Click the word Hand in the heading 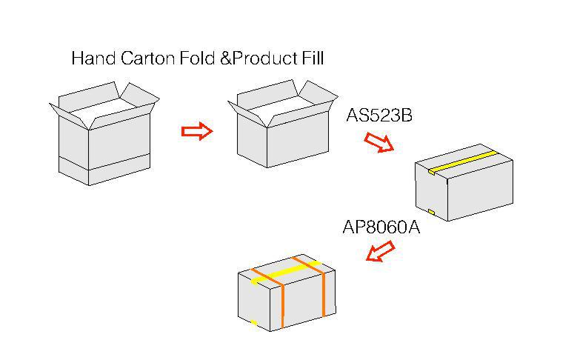point(93,59)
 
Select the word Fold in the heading point(198,59)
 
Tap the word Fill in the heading point(313,59)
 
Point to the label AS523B point(379,116)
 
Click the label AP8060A point(381,227)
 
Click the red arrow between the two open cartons point(197,131)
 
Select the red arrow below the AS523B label point(379,142)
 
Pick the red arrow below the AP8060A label point(381,250)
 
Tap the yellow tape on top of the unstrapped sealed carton point(463,161)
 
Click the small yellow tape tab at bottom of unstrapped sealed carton point(431,212)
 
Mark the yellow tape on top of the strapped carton point(285,273)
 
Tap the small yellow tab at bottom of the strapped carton point(253,322)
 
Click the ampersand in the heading point(225,59)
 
